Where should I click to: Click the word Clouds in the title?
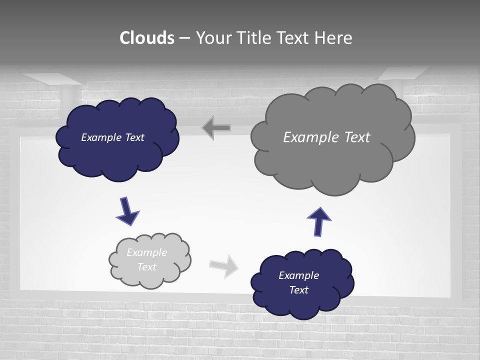(x=147, y=38)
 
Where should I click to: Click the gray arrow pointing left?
(x=216, y=128)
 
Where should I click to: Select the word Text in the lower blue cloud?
(x=298, y=290)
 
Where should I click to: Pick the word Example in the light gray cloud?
(x=146, y=252)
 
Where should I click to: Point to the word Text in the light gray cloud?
(x=146, y=267)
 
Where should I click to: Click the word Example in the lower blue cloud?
(x=298, y=275)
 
